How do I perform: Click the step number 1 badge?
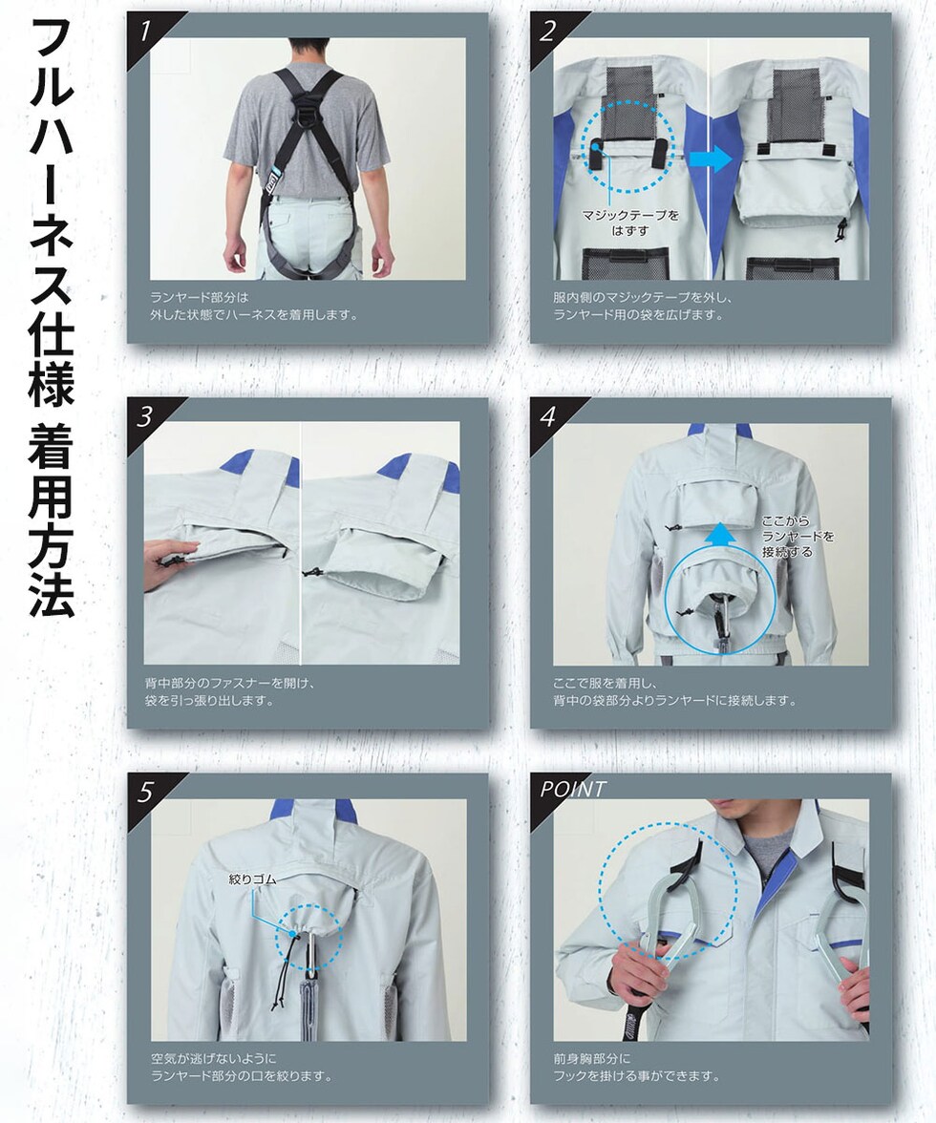[146, 32]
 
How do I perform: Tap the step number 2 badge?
[548, 32]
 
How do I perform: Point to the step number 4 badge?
[548, 416]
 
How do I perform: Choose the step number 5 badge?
[146, 793]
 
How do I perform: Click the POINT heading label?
[573, 789]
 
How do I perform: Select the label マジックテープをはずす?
[630, 222]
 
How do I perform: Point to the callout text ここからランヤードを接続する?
[798, 537]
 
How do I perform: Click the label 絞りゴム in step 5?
[252, 879]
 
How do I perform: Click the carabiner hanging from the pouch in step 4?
[724, 623]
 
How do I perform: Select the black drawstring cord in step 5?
[290, 966]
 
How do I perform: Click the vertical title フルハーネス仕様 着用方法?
[51, 316]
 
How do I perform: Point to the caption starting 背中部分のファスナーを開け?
[230, 691]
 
